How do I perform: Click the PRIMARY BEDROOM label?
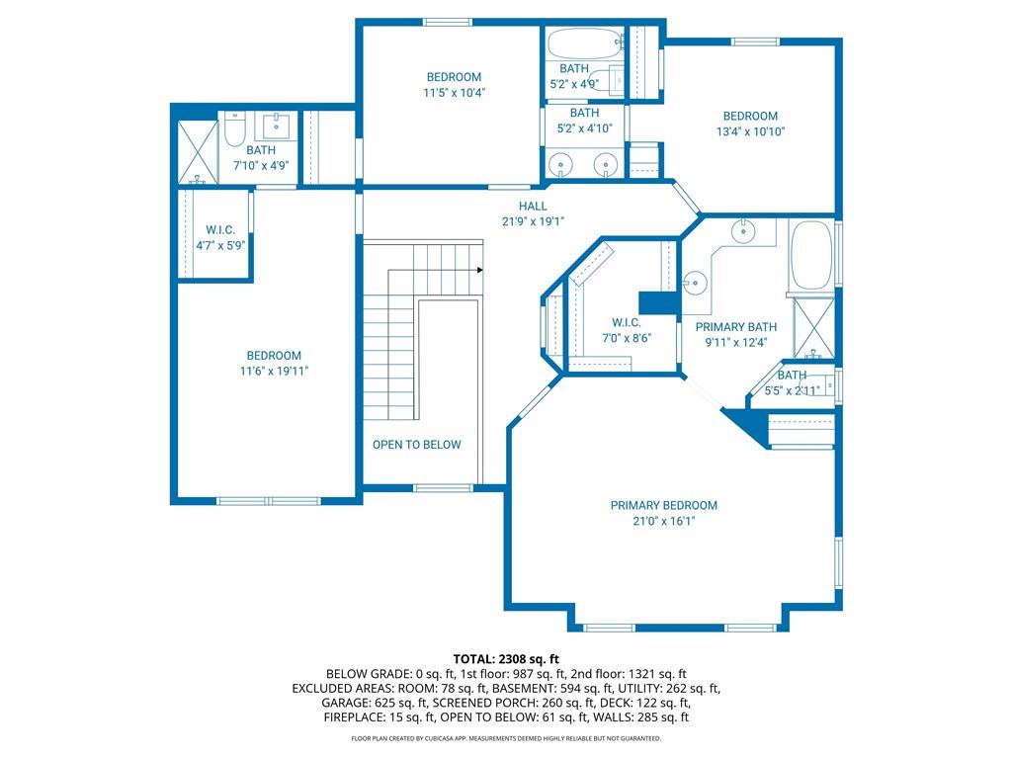pyautogui.click(x=663, y=505)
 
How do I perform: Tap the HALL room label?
pyautogui.click(x=533, y=206)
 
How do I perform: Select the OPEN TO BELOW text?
pyautogui.click(x=416, y=445)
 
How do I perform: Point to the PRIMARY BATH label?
pyautogui.click(x=735, y=326)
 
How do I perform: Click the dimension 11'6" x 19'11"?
pyautogui.click(x=274, y=372)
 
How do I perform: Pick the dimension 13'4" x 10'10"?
pyautogui.click(x=750, y=131)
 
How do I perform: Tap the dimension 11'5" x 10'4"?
pyautogui.click(x=454, y=93)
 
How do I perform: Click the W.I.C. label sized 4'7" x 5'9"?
pyautogui.click(x=220, y=229)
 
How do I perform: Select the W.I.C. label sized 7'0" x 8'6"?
pyautogui.click(x=626, y=322)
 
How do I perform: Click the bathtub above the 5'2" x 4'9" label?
pyautogui.click(x=585, y=43)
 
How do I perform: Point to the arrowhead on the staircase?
pyautogui.click(x=479, y=270)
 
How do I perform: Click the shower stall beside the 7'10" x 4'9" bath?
pyautogui.click(x=198, y=151)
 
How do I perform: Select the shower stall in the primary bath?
pyautogui.click(x=813, y=327)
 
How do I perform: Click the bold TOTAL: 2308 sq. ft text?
pyautogui.click(x=506, y=659)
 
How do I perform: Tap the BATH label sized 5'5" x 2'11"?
pyautogui.click(x=792, y=375)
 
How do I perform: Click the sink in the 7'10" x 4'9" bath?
pyautogui.click(x=277, y=126)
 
